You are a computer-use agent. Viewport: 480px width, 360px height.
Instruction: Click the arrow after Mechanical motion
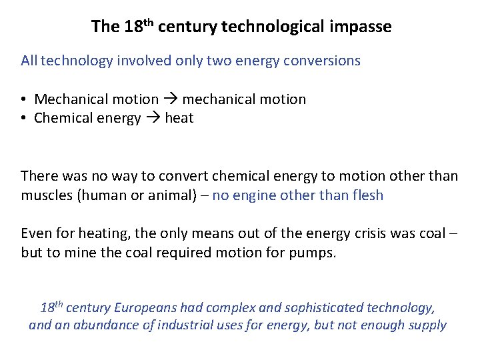[x=170, y=99]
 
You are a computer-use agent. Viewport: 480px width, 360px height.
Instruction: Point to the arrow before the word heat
[x=153, y=118]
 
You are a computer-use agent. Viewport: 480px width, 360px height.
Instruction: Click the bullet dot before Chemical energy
[x=23, y=118]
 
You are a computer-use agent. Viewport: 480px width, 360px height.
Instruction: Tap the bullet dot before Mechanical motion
[x=23, y=99]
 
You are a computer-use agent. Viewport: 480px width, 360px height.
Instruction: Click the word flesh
[x=366, y=195]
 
